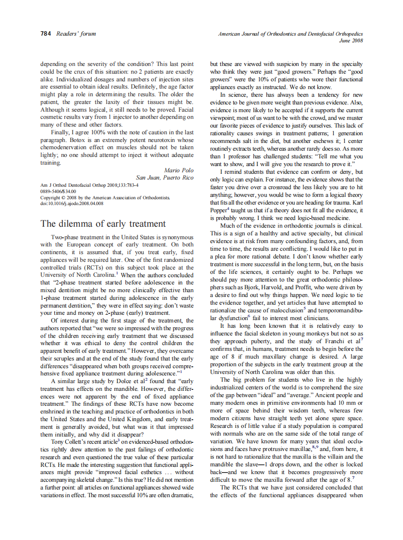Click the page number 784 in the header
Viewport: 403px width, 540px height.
47,34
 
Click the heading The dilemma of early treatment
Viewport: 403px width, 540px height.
103,223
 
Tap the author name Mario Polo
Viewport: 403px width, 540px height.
178,170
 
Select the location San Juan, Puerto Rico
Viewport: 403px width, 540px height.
165,178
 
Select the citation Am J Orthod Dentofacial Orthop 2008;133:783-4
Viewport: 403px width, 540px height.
89,185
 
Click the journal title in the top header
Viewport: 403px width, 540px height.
290,34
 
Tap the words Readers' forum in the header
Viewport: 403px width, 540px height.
76,34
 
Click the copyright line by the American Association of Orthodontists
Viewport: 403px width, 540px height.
104,197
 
